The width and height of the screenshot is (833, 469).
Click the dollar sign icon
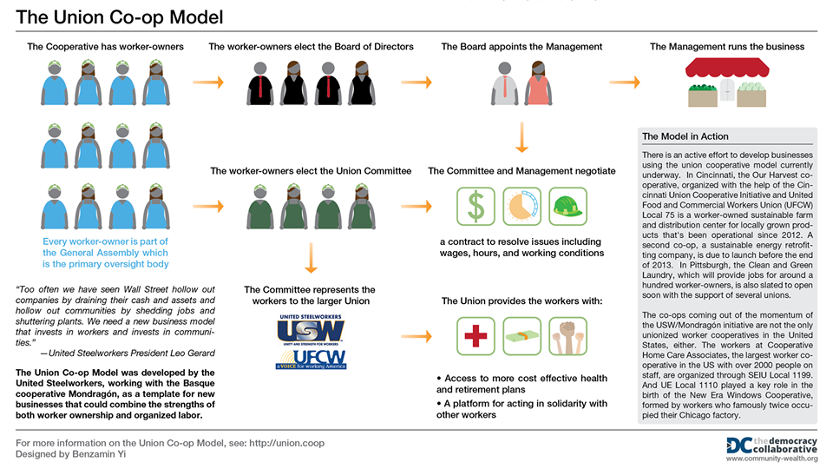tap(476, 207)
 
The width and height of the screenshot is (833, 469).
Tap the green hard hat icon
tap(567, 207)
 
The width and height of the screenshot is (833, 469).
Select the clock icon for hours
tap(521, 207)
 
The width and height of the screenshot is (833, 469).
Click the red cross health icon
tap(476, 336)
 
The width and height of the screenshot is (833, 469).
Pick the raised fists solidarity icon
tap(567, 336)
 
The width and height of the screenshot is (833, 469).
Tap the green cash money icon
tap(521, 336)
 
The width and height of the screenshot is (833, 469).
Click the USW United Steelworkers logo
tap(311, 330)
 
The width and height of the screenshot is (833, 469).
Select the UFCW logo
tap(312, 359)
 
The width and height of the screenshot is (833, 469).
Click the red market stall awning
tap(727, 69)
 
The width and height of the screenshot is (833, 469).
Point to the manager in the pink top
tap(538, 83)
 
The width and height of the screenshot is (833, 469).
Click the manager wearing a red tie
tap(505, 83)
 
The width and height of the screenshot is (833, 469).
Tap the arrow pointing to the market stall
tap(624, 83)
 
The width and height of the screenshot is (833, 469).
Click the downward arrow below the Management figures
tap(521, 137)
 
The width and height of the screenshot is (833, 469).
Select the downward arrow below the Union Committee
tap(312, 258)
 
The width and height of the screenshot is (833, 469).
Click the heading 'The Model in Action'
tap(685, 136)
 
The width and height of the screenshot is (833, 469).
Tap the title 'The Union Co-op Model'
tap(120, 17)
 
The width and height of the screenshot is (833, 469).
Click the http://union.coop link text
tap(287, 443)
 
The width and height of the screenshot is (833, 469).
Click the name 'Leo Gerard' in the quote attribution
tap(193, 353)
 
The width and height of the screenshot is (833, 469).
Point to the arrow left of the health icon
tap(416, 336)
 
